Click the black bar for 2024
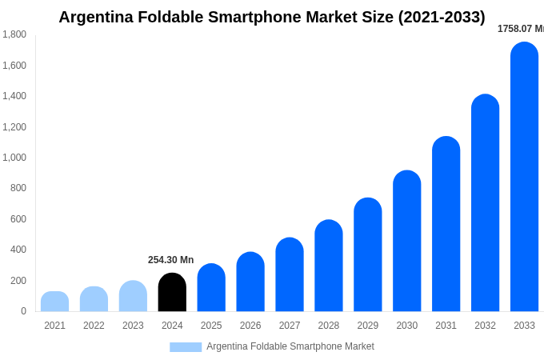(x=172, y=293)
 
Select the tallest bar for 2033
(x=524, y=178)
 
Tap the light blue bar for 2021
(x=54, y=302)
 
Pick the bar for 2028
(x=328, y=266)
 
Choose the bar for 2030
(x=406, y=241)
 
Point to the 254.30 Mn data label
(x=170, y=260)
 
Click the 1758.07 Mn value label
(x=520, y=29)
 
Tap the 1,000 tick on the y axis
(x=14, y=158)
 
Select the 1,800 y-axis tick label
(x=14, y=34)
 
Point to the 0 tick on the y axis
(x=23, y=311)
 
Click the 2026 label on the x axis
(x=250, y=326)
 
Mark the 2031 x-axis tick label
(x=446, y=326)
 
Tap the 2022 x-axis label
(x=94, y=326)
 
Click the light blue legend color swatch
(x=186, y=347)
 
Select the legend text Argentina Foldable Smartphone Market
(x=290, y=346)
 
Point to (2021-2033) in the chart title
(x=441, y=17)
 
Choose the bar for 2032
(x=485, y=203)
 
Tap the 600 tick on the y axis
(x=18, y=219)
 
